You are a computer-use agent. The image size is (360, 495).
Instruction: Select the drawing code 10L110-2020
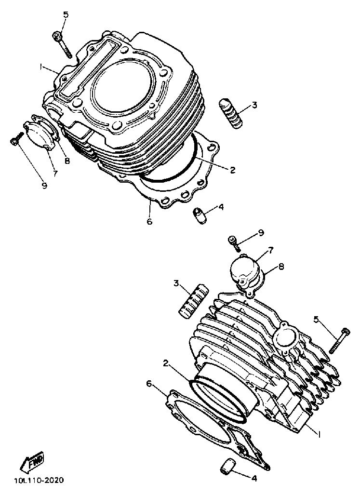(39, 480)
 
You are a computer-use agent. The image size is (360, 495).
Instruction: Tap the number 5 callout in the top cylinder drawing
(66, 14)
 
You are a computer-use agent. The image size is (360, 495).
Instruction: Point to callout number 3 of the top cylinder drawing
(254, 105)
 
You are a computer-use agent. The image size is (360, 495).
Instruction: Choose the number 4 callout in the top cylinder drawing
(221, 207)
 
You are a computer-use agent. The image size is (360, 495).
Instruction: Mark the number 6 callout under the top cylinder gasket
(149, 222)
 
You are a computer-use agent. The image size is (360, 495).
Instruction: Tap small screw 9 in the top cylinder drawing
(14, 140)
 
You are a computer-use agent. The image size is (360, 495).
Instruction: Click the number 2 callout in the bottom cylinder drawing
(165, 363)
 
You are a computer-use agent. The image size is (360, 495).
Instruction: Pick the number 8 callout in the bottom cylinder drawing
(281, 266)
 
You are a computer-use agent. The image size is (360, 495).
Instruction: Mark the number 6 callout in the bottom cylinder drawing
(149, 383)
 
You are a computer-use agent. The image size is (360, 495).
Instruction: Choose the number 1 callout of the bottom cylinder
(319, 433)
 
